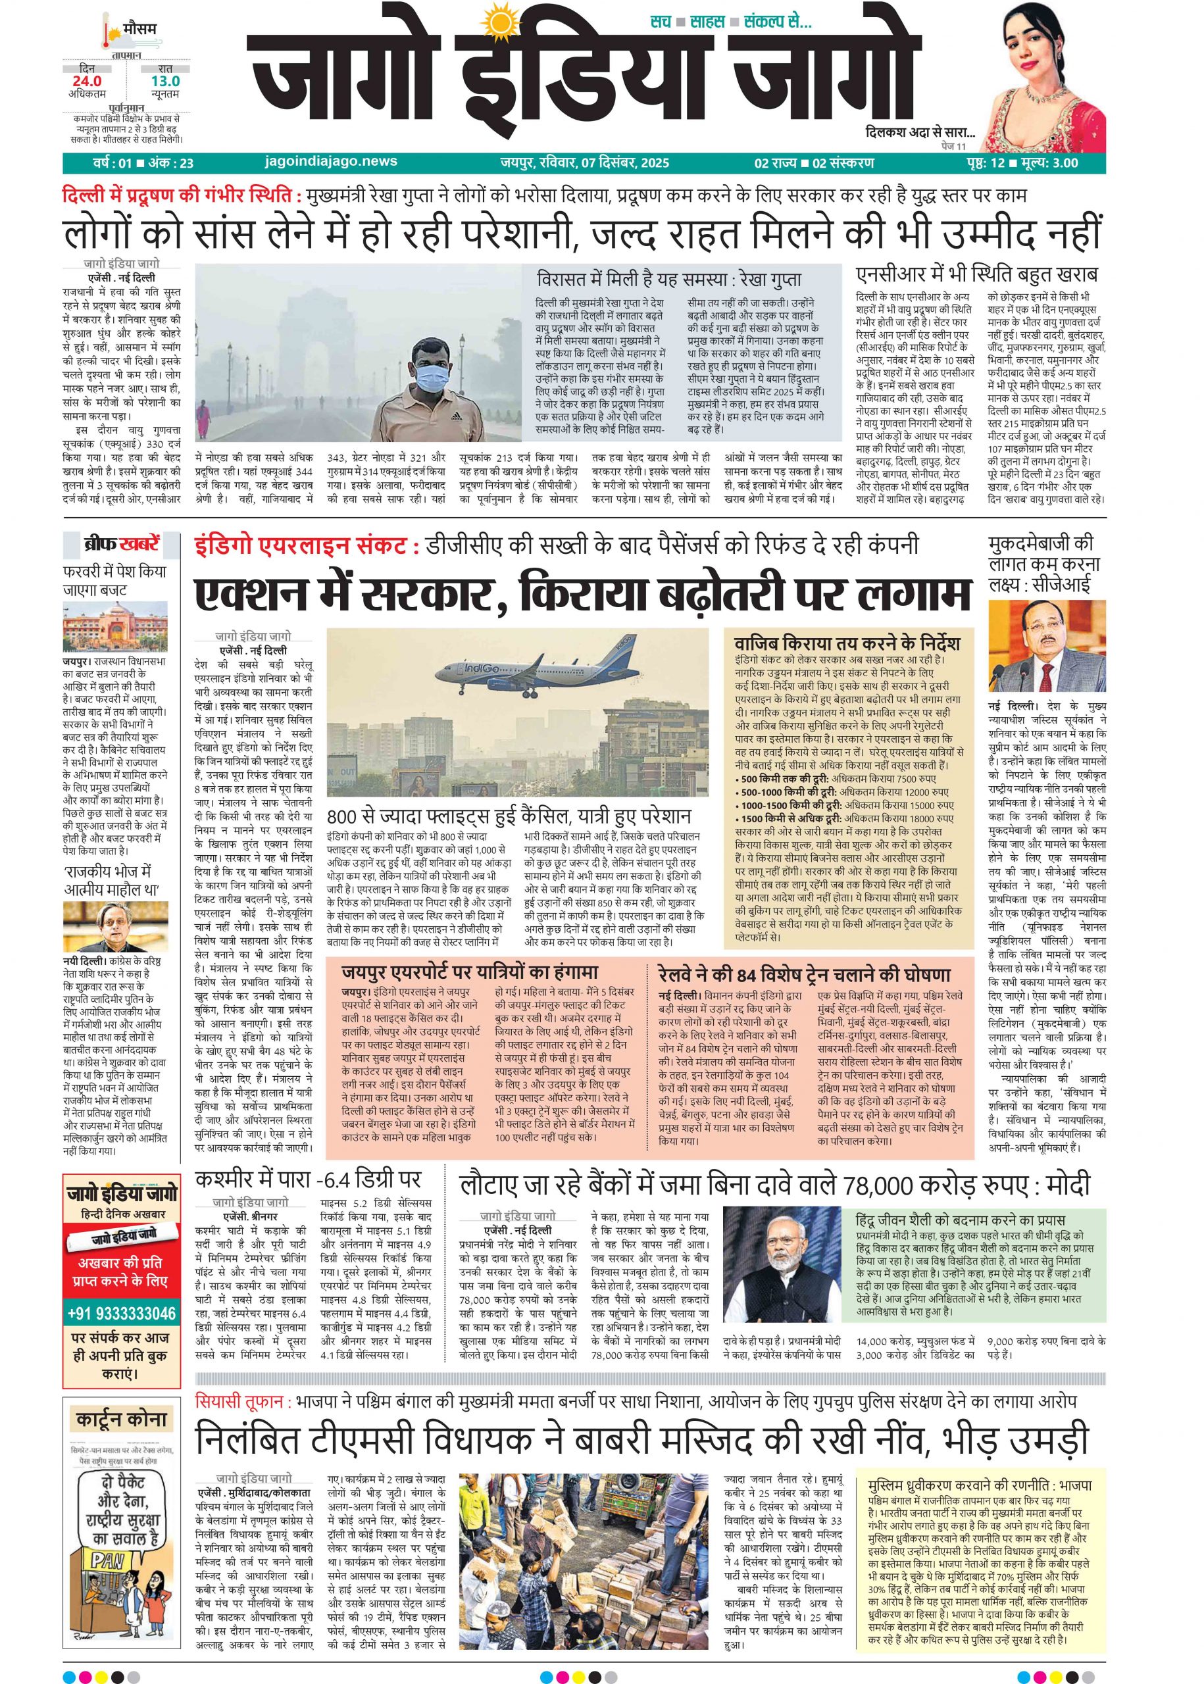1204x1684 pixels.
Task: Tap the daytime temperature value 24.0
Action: click(x=87, y=81)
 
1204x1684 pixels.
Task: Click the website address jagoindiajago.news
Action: click(x=330, y=162)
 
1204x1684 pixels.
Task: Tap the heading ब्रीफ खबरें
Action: click(x=122, y=545)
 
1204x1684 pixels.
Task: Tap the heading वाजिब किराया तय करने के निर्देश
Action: click(x=847, y=642)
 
